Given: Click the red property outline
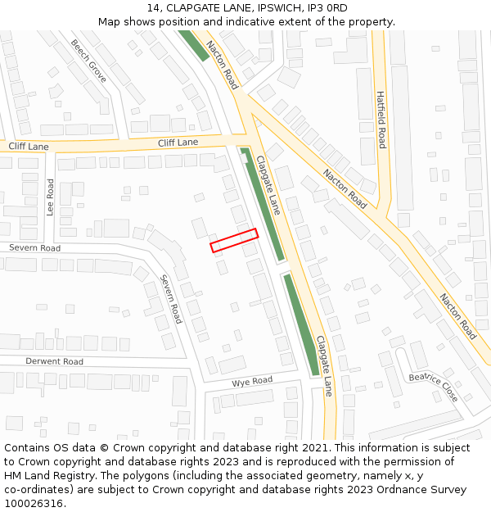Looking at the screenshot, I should [x=234, y=240].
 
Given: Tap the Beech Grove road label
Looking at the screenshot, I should [x=88, y=61].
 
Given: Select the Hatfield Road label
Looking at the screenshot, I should [x=381, y=120].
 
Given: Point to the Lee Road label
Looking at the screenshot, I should [x=50, y=197].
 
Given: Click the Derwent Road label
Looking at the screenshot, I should [x=54, y=361].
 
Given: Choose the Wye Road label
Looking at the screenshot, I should [x=252, y=382].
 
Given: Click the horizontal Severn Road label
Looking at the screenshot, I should [x=35, y=247].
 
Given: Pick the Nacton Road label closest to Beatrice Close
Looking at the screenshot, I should [x=457, y=316].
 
